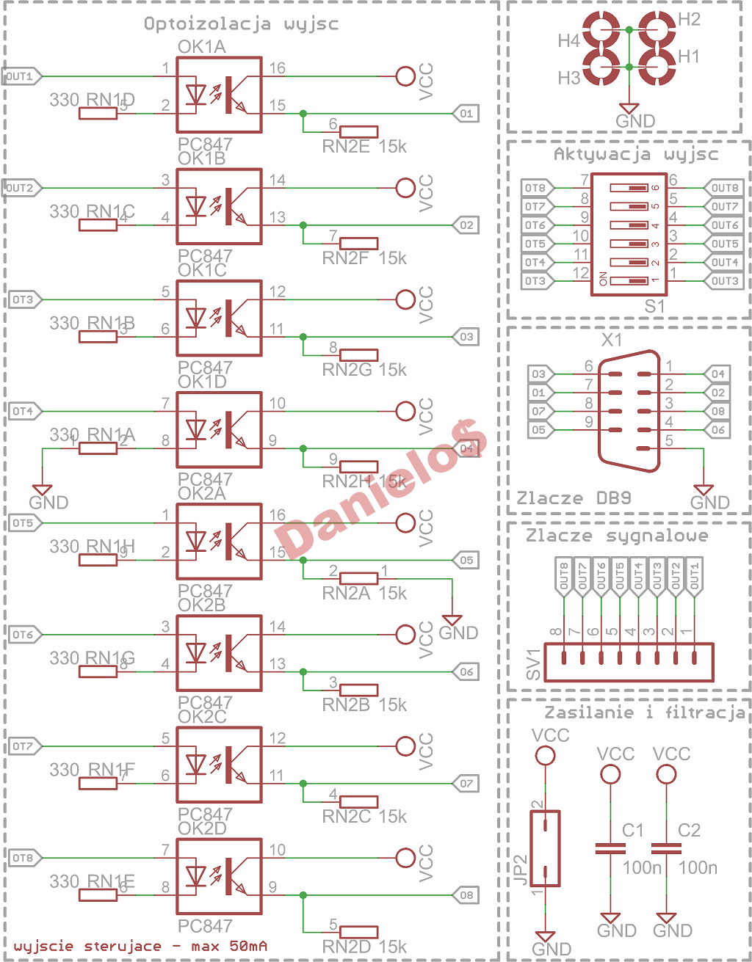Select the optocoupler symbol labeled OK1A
coord(219,95)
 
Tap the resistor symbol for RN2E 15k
coord(359,132)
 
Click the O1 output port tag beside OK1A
coord(466,114)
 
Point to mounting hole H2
coord(656,29)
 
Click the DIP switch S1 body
coord(629,234)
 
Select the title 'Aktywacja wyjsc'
coord(635,154)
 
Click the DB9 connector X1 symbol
coord(629,411)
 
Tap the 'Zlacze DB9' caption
coord(574,498)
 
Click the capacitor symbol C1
coord(610,848)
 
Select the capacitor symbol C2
coord(666,848)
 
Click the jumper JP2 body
coord(545,848)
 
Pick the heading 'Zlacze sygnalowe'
coord(617,536)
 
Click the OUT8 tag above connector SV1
coord(564,575)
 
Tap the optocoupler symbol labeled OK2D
coord(219,877)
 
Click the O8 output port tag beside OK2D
coord(466,895)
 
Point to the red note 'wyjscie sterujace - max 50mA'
coord(140,946)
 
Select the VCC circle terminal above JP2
coord(545,755)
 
